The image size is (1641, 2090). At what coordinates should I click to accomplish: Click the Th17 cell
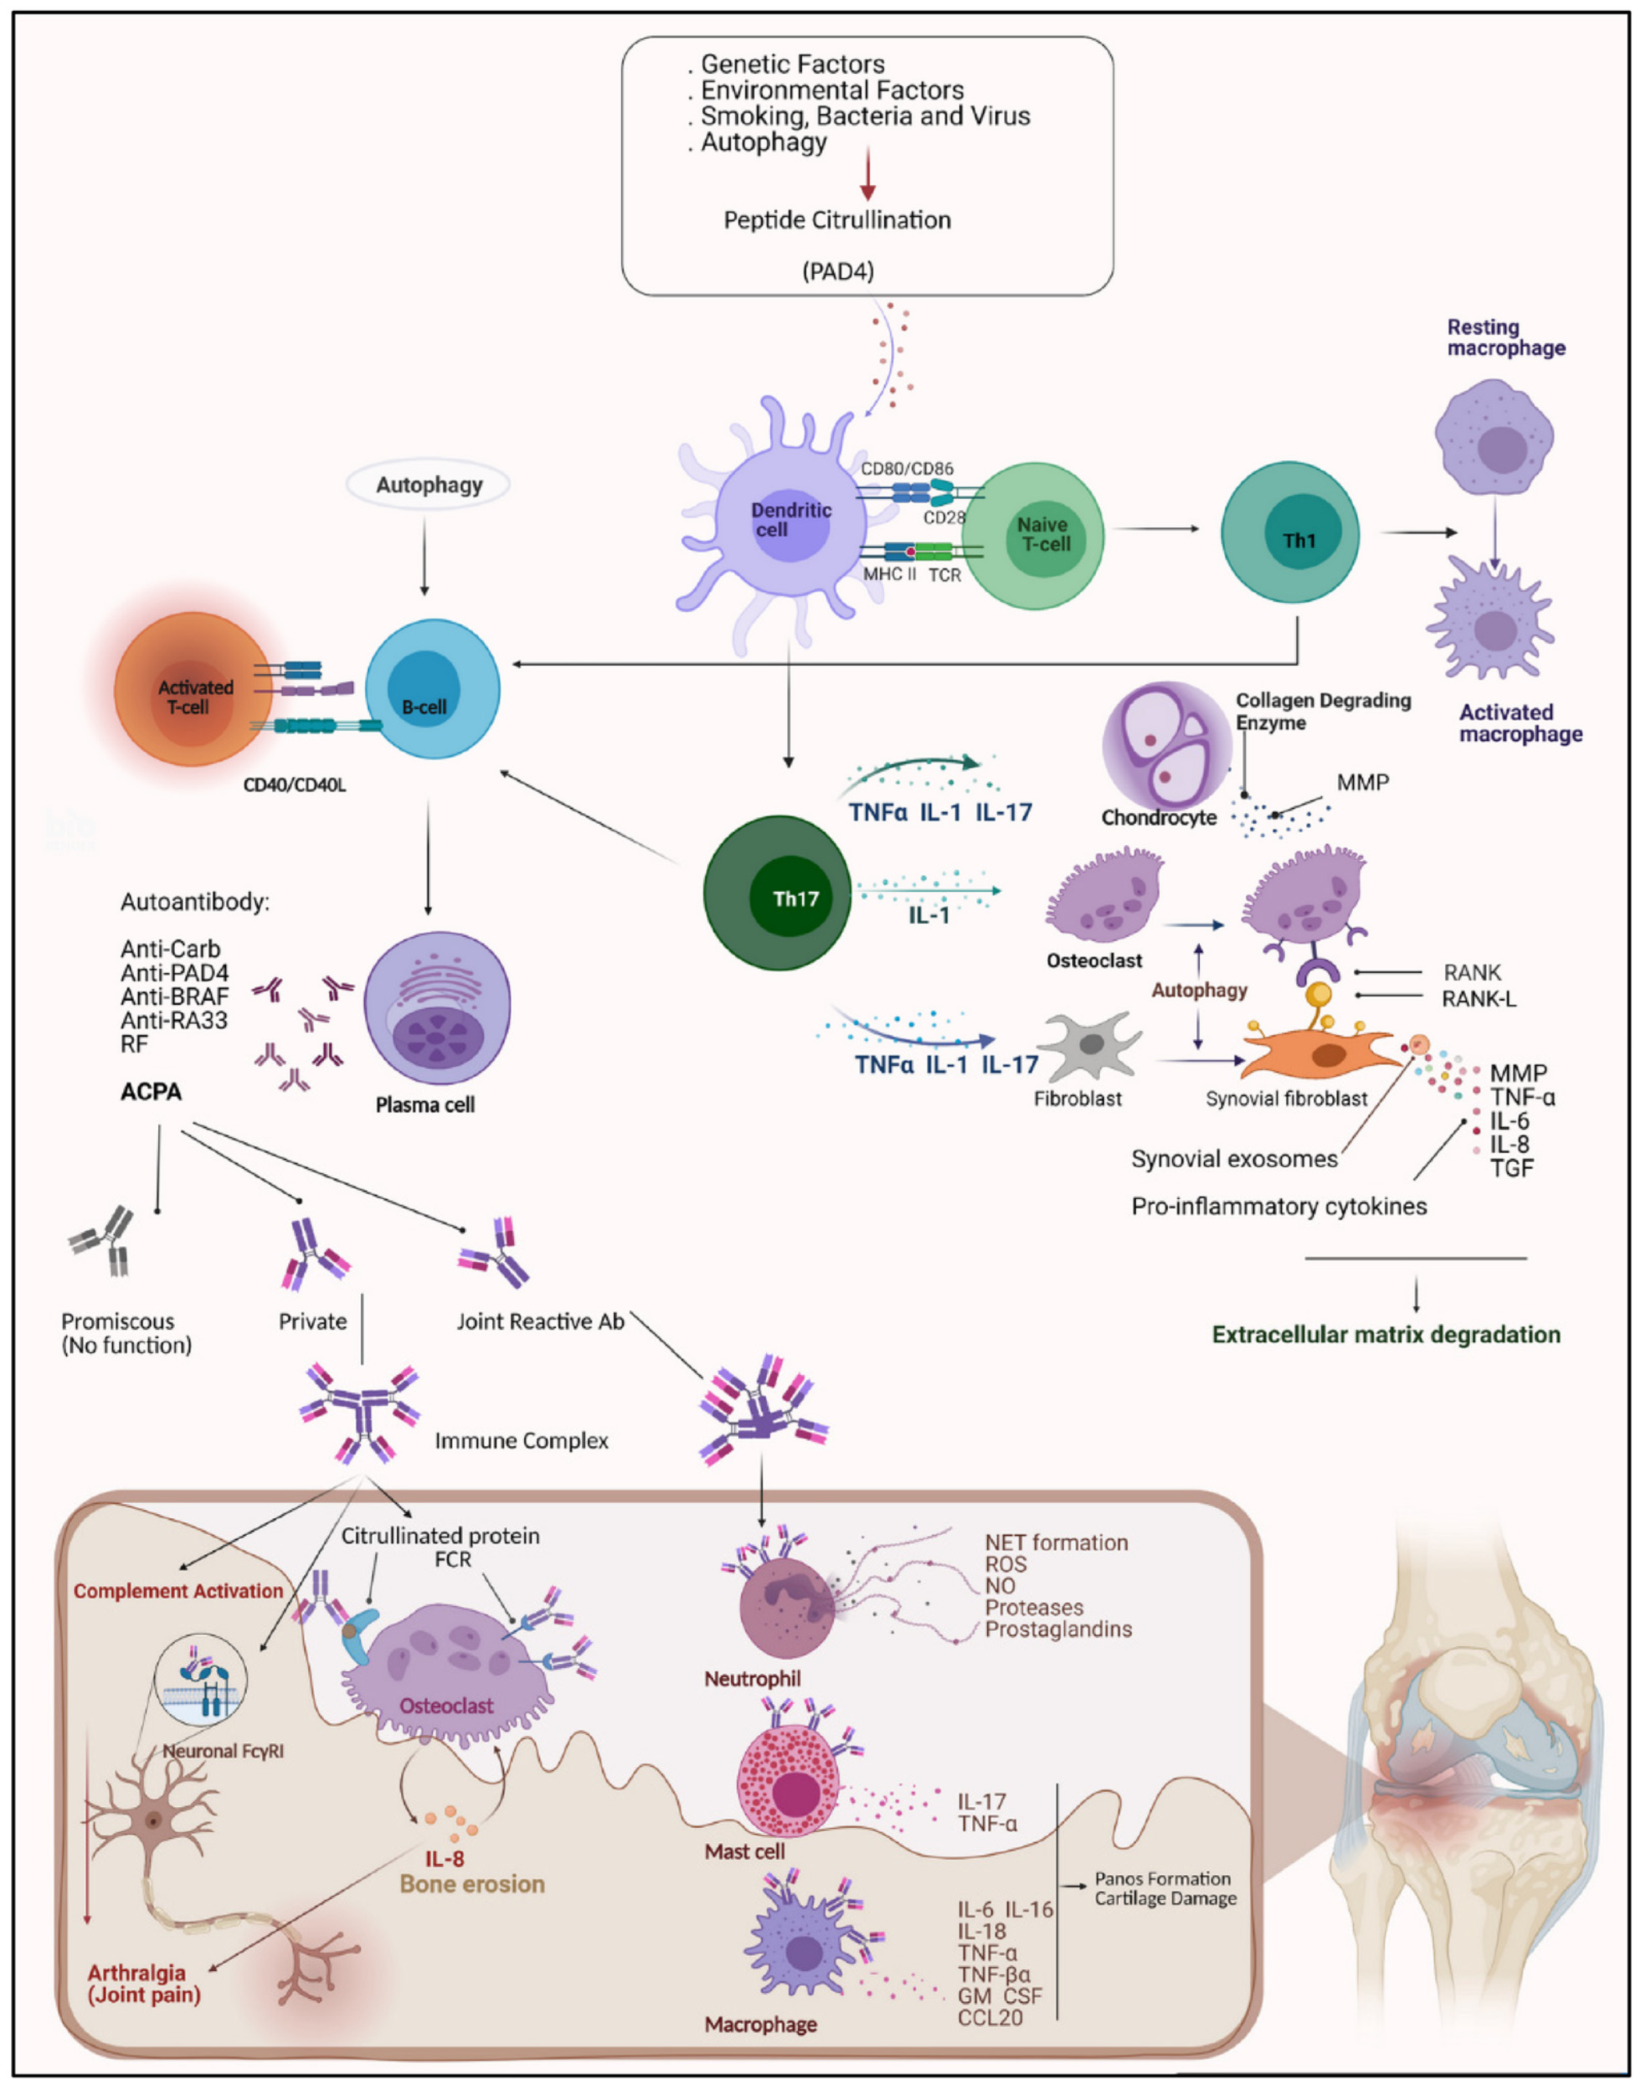pos(777,894)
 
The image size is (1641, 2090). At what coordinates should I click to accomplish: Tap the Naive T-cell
pos(1033,534)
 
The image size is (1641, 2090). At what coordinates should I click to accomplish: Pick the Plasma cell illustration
pos(437,1008)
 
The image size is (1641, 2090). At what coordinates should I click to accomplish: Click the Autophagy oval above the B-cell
pos(428,484)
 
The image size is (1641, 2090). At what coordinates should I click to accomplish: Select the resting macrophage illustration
pos(1494,436)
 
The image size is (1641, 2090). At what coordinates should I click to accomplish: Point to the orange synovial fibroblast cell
pos(1316,1054)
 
